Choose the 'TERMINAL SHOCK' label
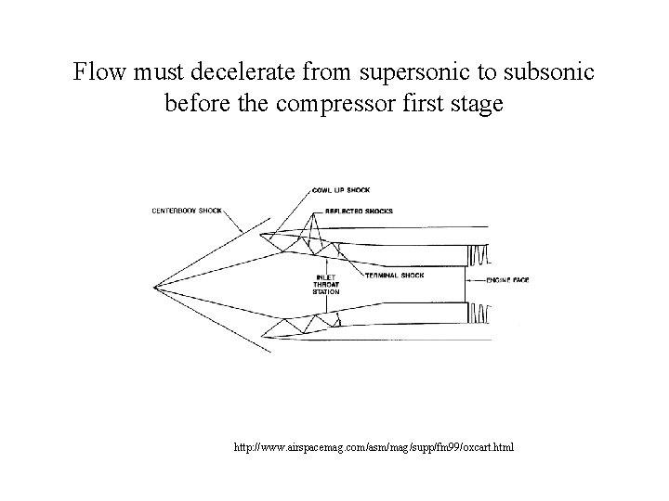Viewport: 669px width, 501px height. [x=394, y=276]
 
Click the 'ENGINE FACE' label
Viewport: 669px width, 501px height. [x=507, y=279]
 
